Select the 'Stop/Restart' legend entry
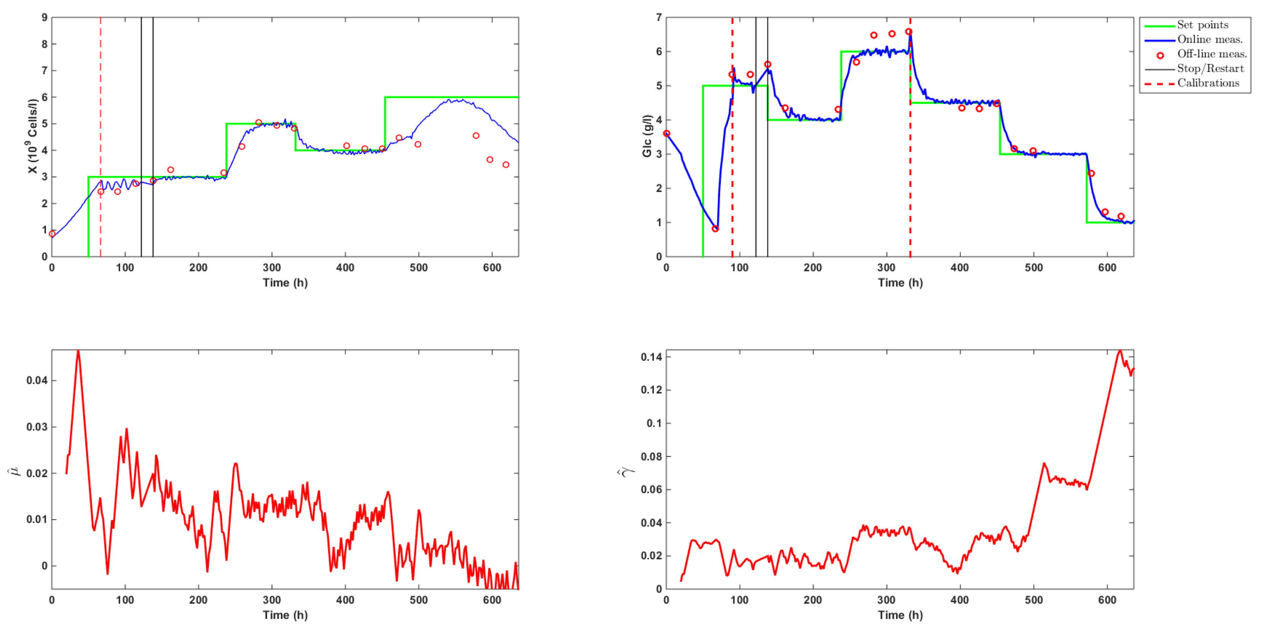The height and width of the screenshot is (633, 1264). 1210,69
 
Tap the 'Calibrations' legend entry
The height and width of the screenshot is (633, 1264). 1208,83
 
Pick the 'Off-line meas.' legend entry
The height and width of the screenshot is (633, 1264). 1211,54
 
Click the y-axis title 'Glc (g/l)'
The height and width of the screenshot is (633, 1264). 647,136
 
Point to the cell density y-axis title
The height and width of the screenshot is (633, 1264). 32,136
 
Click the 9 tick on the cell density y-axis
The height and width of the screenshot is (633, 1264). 45,18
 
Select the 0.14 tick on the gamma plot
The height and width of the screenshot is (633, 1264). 651,357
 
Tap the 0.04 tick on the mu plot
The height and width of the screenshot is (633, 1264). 37,380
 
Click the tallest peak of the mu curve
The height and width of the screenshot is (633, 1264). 78,351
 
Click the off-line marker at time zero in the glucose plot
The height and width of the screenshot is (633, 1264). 666,134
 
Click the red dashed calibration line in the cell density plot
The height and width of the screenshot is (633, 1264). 100,98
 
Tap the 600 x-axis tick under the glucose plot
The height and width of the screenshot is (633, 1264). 1107,268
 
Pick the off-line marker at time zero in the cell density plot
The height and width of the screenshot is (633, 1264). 52,234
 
